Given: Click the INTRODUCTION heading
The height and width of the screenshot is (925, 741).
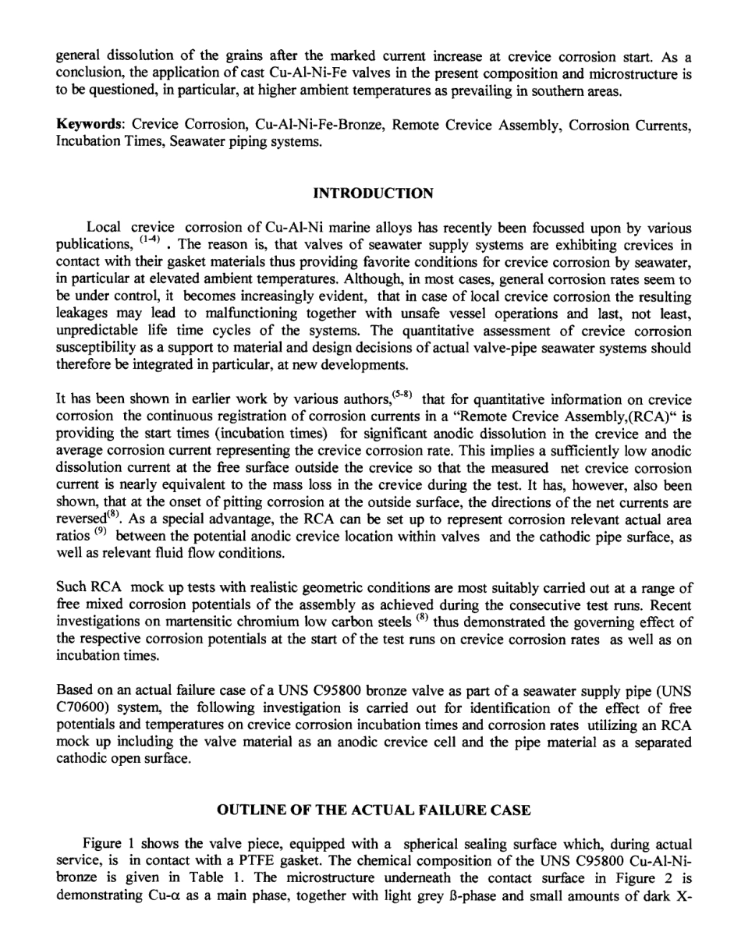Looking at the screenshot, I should coord(370,194).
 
